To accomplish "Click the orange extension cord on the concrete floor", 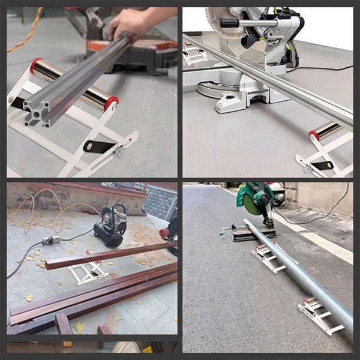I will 24,30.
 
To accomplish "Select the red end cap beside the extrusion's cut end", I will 112,104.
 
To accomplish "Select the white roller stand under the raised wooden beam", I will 88,273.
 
